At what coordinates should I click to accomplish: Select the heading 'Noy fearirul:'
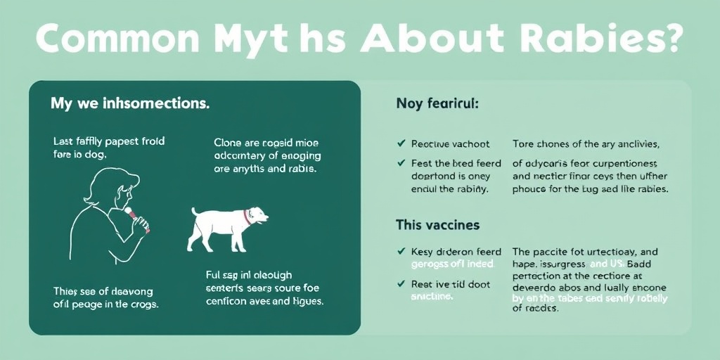(x=437, y=103)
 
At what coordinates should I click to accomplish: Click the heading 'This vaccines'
(x=437, y=225)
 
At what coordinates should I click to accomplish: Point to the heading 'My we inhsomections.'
(x=129, y=103)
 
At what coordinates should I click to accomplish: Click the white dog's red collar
(x=246, y=216)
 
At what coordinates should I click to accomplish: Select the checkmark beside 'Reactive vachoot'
(x=401, y=144)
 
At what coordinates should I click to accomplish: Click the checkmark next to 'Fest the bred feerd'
(x=401, y=163)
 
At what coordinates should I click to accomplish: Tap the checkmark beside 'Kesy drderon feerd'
(x=401, y=251)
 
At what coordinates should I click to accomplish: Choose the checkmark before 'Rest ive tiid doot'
(x=401, y=284)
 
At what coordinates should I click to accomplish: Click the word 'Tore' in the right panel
(x=524, y=144)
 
